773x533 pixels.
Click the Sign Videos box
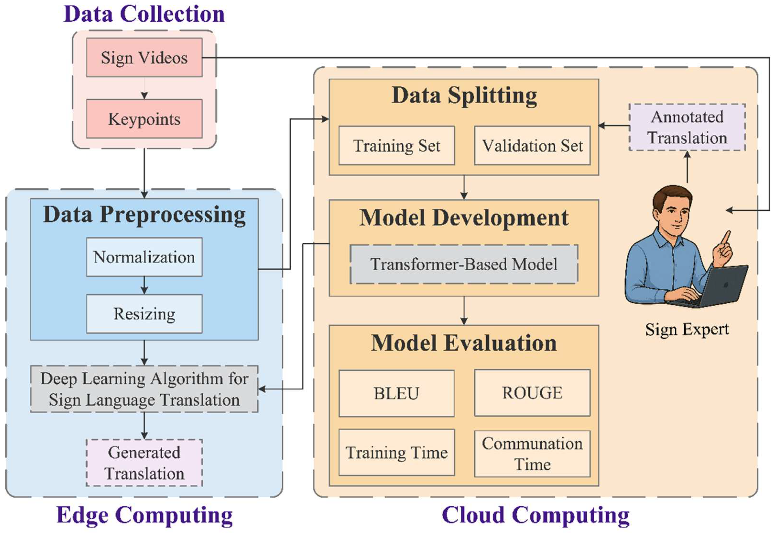pyautogui.click(x=144, y=58)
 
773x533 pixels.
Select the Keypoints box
pyautogui.click(x=144, y=119)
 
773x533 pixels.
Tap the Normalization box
pyautogui.click(x=144, y=257)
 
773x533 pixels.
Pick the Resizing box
pyautogui.click(x=144, y=314)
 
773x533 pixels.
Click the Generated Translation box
pyautogui.click(x=144, y=462)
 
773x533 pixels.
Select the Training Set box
pyautogui.click(x=396, y=146)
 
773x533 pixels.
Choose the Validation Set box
pyautogui.click(x=532, y=146)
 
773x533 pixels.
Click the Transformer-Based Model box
pyautogui.click(x=464, y=264)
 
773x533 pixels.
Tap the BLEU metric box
pyautogui.click(x=396, y=393)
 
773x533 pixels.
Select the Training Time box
pyautogui.click(x=396, y=453)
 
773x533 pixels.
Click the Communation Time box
pyautogui.click(x=532, y=454)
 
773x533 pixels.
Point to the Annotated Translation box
pyautogui.click(x=687, y=127)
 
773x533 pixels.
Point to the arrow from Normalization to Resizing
pyautogui.click(x=144, y=286)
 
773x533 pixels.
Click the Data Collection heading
pyautogui.click(x=144, y=14)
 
